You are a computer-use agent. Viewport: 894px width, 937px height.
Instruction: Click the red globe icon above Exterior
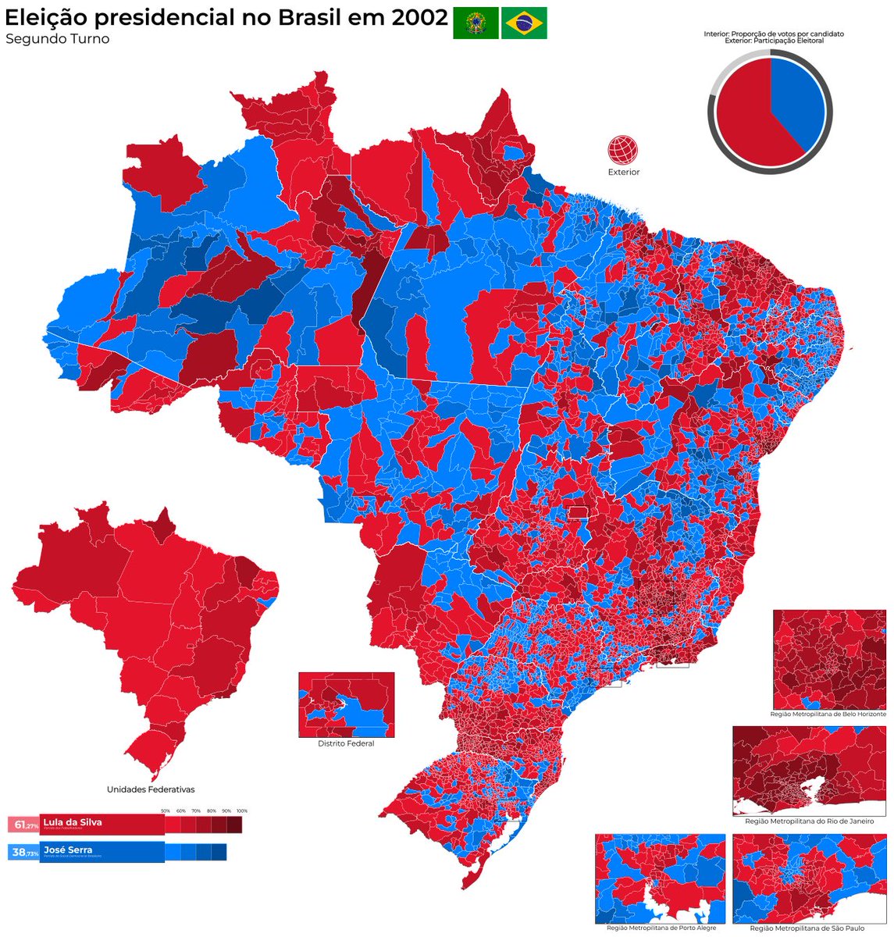623,149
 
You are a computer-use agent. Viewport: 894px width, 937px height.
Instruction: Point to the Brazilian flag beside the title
524,23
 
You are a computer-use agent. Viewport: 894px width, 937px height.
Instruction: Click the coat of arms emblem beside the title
475,23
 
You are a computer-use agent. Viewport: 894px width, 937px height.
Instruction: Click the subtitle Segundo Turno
58,39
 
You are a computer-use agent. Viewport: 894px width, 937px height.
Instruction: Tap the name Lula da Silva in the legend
73,822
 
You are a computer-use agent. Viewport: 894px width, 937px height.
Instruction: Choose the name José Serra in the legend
68,850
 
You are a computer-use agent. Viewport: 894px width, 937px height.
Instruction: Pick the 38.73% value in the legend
23,853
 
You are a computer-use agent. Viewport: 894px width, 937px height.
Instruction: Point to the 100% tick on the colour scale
241,811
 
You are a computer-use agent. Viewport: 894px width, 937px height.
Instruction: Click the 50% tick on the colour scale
166,811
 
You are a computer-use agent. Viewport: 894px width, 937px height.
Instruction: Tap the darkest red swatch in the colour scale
234,825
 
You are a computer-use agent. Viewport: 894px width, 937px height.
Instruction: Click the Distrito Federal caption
346,743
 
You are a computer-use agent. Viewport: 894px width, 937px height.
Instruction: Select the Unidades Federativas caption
151,789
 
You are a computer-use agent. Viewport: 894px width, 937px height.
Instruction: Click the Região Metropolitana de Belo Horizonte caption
828,714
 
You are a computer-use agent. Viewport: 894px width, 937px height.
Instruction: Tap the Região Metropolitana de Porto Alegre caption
660,928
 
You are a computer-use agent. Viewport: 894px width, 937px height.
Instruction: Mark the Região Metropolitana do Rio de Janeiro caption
810,821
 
